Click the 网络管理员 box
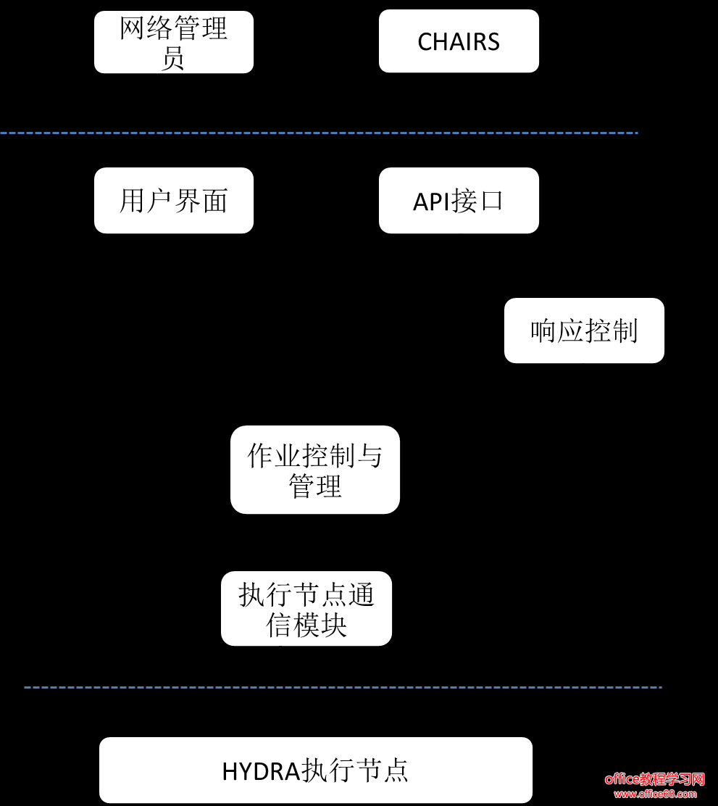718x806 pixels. click(174, 42)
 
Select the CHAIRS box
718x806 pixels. click(459, 41)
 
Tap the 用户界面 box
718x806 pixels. click(174, 201)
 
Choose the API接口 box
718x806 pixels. click(459, 201)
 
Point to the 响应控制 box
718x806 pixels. click(584, 331)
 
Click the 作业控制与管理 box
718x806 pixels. click(315, 470)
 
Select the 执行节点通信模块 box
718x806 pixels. click(306, 609)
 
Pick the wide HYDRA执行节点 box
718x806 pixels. click(316, 770)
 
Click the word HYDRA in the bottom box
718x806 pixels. click(261, 770)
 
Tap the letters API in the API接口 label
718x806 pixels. click(432, 201)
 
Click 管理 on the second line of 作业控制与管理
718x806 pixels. click(315, 486)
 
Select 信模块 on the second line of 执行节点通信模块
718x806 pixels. click(306, 625)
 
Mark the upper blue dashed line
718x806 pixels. click(319, 133)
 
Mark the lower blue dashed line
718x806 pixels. click(343, 687)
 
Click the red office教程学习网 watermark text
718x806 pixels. click(654, 779)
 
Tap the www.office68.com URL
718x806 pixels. click(654, 794)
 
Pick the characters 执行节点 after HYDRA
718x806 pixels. click(355, 770)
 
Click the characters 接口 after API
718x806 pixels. click(477, 201)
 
